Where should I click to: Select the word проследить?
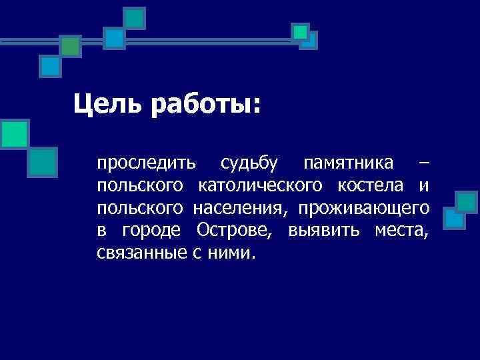tap(146, 163)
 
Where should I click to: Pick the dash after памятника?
tap(425, 163)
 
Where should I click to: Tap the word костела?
tap(379, 185)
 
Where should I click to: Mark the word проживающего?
tap(364, 208)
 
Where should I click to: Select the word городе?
tap(150, 231)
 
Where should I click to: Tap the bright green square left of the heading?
tap(14, 133)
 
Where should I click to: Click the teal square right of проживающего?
tap(466, 202)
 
